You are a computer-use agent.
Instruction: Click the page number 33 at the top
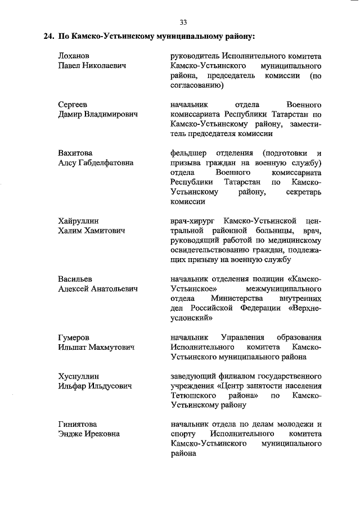[183, 22]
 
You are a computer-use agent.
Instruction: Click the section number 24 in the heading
[49, 37]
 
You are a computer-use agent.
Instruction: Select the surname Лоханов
[74, 56]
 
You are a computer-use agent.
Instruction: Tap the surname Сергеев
[73, 105]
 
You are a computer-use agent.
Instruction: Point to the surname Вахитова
[75, 153]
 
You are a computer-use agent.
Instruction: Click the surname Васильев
[75, 279]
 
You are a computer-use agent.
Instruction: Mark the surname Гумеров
[73, 337]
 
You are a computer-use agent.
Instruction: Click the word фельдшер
[188, 153]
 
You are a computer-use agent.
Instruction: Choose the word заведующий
[195, 376]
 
